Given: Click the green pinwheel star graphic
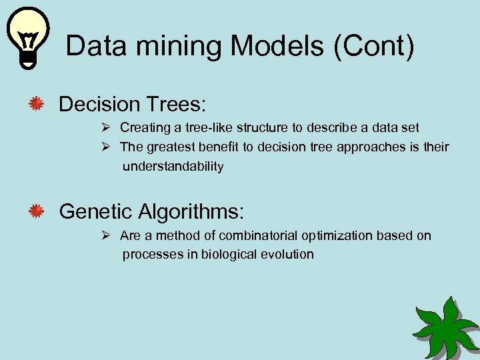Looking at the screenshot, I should click(x=445, y=327).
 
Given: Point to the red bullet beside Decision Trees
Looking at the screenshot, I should click(x=36, y=104).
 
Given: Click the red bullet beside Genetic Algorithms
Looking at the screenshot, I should click(x=36, y=212).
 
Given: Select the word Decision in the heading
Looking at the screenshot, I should click(x=99, y=104).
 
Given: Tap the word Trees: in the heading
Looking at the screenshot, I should click(x=177, y=104).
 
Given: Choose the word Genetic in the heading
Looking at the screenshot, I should click(x=96, y=212).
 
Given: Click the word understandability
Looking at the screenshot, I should click(x=173, y=167).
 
